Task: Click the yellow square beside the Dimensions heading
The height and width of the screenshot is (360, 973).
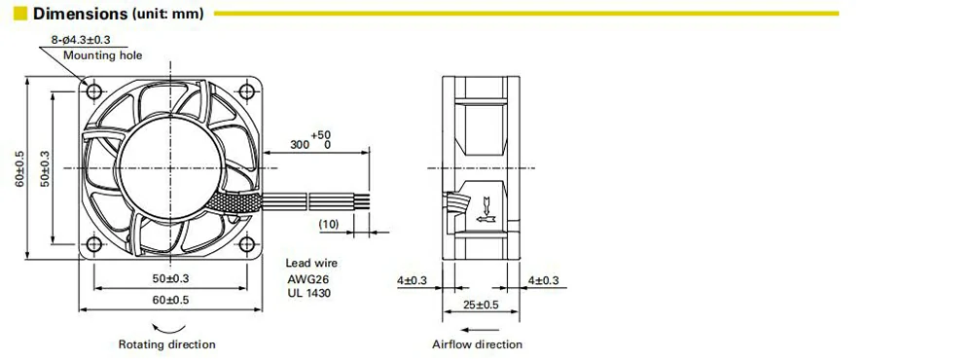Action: (x=20, y=13)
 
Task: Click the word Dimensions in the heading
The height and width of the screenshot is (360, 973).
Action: (x=80, y=13)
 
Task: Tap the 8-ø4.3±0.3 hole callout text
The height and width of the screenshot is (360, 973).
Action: (x=82, y=40)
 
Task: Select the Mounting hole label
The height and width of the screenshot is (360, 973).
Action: (x=103, y=55)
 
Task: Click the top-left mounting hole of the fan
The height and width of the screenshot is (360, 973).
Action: (x=93, y=91)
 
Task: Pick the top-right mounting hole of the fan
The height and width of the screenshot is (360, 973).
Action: (x=247, y=91)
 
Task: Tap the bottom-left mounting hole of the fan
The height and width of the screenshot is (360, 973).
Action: (x=93, y=244)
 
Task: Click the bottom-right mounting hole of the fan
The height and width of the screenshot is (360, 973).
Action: (x=247, y=244)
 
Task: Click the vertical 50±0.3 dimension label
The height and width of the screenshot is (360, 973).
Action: (x=45, y=167)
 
